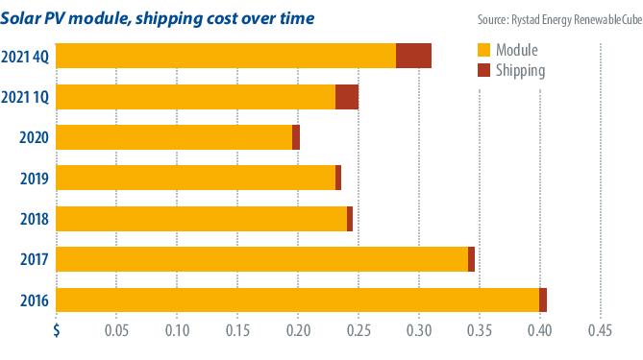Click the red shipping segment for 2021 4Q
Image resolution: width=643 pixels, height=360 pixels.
coord(413,56)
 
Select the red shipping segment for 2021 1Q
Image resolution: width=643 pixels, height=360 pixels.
coord(347,97)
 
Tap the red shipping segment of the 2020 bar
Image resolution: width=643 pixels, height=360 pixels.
coord(296,137)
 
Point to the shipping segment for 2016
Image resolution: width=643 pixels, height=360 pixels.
coord(543,300)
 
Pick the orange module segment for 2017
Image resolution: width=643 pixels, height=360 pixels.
coord(262,259)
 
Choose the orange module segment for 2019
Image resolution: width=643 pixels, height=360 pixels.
coord(196,178)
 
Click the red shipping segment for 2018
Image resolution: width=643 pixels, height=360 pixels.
coord(350,219)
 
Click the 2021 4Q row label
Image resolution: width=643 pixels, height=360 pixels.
coord(25,57)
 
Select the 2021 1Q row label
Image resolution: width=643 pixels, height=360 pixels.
coord(25,98)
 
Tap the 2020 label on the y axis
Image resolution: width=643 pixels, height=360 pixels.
coord(34,137)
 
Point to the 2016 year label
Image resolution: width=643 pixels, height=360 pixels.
coord(35,301)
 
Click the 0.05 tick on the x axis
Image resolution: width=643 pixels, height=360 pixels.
coord(116,330)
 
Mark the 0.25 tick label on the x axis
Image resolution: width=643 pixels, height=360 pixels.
coord(359,330)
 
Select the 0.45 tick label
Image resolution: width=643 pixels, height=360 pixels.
coord(600,330)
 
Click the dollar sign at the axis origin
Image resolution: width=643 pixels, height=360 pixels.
coord(57,330)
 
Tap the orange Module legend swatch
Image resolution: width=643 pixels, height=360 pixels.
coord(483,50)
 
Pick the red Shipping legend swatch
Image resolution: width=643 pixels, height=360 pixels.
coord(483,70)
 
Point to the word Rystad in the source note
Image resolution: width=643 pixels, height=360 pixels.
coord(526,20)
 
